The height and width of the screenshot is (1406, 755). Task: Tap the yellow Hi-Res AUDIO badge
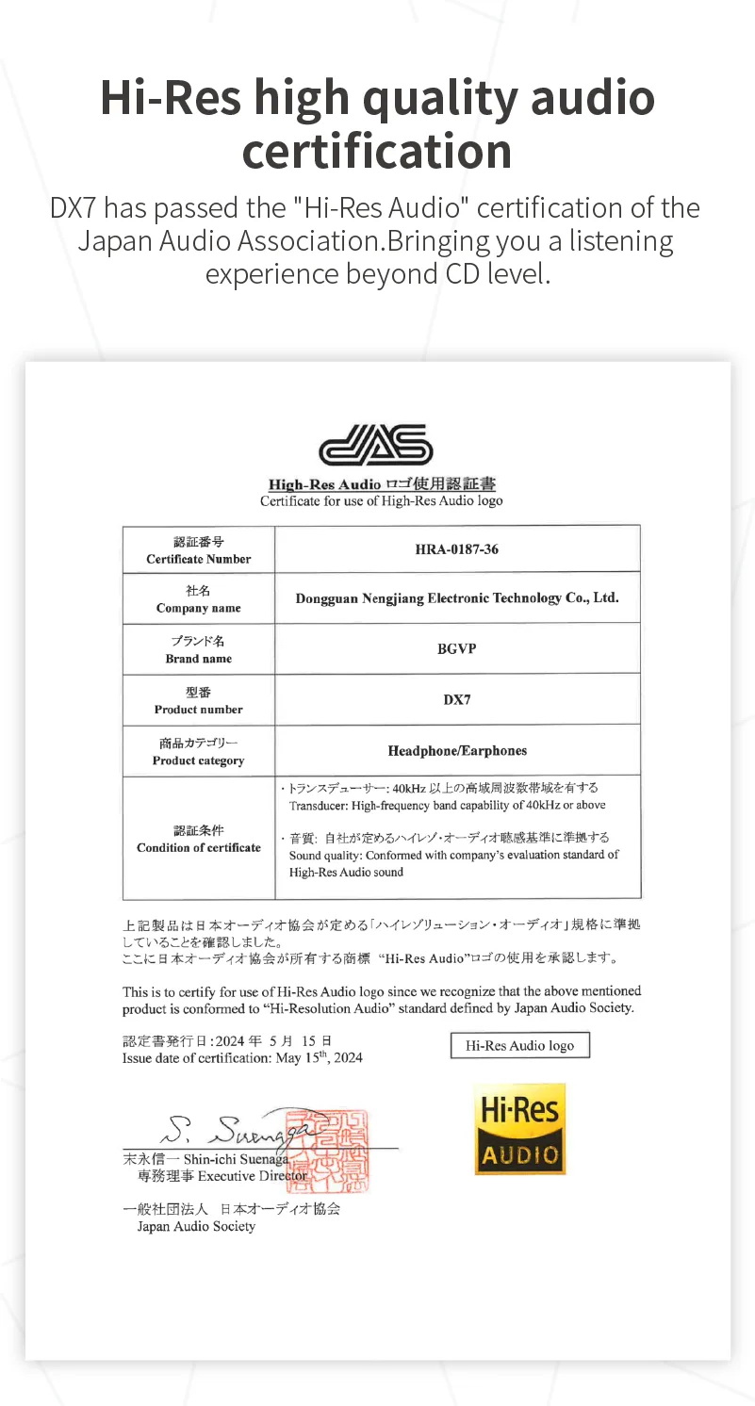(x=519, y=1129)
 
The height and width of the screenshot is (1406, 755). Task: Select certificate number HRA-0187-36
(x=457, y=549)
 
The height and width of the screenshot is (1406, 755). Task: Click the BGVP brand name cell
(x=457, y=649)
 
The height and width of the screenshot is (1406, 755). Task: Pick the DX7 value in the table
(x=457, y=700)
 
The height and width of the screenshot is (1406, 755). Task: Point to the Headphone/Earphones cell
(x=457, y=751)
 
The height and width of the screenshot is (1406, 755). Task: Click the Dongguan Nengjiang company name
(x=457, y=598)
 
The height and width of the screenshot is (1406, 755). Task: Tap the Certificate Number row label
(x=199, y=559)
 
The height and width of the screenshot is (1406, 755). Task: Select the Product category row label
(x=199, y=760)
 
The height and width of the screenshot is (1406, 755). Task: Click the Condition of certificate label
(x=199, y=847)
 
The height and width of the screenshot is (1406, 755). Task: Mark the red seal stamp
(x=337, y=1151)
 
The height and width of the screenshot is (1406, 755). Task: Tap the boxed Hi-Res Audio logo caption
(x=520, y=1046)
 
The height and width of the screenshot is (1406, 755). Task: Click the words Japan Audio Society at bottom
(x=196, y=1226)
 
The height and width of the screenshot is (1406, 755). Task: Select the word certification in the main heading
(x=377, y=152)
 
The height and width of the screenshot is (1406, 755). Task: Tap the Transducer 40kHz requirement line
(x=448, y=805)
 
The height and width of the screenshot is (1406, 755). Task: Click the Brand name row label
(x=199, y=659)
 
